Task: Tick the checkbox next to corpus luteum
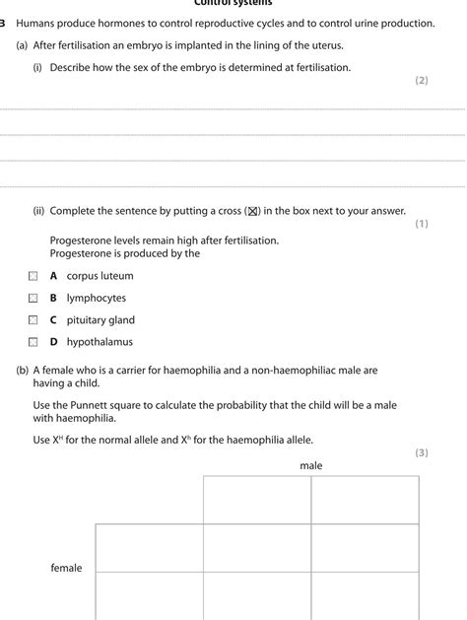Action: pyautogui.click(x=33, y=277)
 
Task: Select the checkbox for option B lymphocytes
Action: pyautogui.click(x=33, y=299)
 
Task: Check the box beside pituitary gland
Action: pyautogui.click(x=33, y=320)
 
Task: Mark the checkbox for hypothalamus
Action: pyautogui.click(x=33, y=343)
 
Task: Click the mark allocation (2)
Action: pyautogui.click(x=422, y=81)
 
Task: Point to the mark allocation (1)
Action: pyautogui.click(x=422, y=224)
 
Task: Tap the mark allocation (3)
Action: pyautogui.click(x=422, y=452)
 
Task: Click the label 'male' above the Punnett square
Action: pyautogui.click(x=311, y=465)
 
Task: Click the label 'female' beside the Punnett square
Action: pyautogui.click(x=66, y=568)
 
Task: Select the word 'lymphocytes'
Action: pyautogui.click(x=97, y=298)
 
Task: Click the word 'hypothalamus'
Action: pyautogui.click(x=100, y=342)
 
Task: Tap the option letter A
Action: pyautogui.click(x=54, y=276)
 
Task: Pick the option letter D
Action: pyautogui.click(x=55, y=342)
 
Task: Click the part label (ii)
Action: pyautogui.click(x=38, y=211)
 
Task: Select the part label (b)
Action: pyautogui.click(x=22, y=371)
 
